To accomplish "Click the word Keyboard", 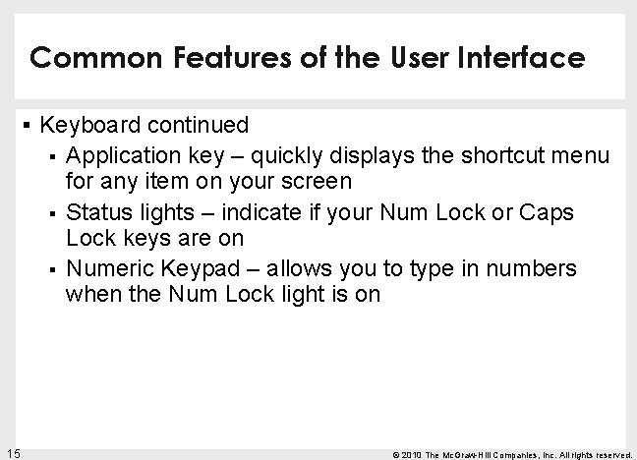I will tap(89, 127).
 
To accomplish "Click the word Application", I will tap(121, 155).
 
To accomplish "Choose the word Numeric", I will tap(107, 269).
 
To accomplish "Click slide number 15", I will tap(13, 451).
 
